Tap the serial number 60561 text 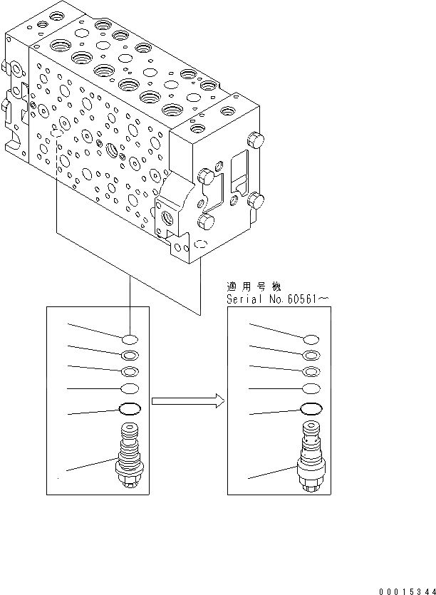[x=299, y=299]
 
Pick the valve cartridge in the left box [x=129, y=456]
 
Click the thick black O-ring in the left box [x=129, y=409]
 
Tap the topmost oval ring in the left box [x=129, y=339]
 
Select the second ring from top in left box [x=129, y=355]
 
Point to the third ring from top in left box [x=129, y=371]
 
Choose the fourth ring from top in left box [x=129, y=388]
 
